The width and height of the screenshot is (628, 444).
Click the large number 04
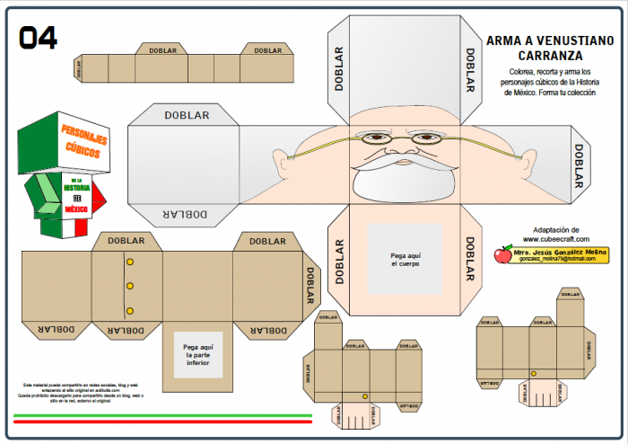(x=39, y=37)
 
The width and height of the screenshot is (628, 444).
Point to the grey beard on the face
(x=400, y=179)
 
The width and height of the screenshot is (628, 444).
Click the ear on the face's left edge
(x=282, y=163)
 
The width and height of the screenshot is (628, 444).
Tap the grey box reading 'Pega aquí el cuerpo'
(x=405, y=259)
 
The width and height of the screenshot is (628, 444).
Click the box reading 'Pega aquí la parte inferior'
(x=196, y=355)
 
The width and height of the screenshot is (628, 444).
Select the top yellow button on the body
(x=130, y=262)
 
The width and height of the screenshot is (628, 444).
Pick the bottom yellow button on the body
(x=130, y=311)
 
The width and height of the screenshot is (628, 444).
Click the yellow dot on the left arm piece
(x=364, y=396)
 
